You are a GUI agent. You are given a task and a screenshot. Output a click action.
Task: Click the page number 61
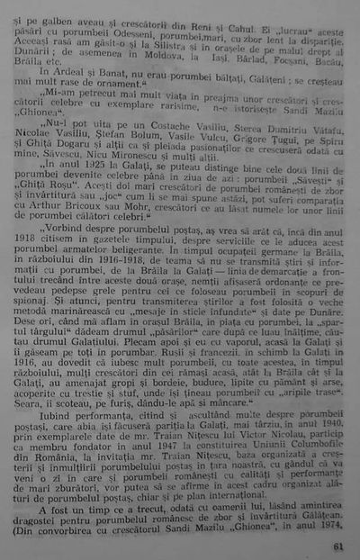[x=337, y=546]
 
